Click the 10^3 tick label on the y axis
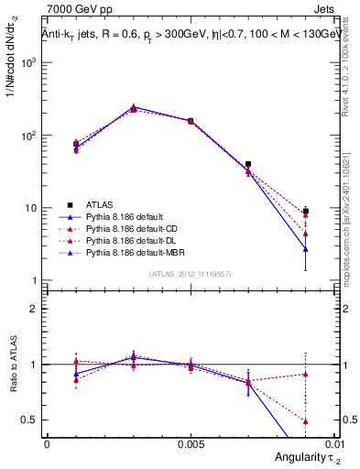point(29,62)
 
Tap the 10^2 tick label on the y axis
point(29,136)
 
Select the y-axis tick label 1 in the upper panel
point(35,280)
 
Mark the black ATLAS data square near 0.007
point(248,165)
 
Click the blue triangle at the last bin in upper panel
point(306,248)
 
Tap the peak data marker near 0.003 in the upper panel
point(133,108)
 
